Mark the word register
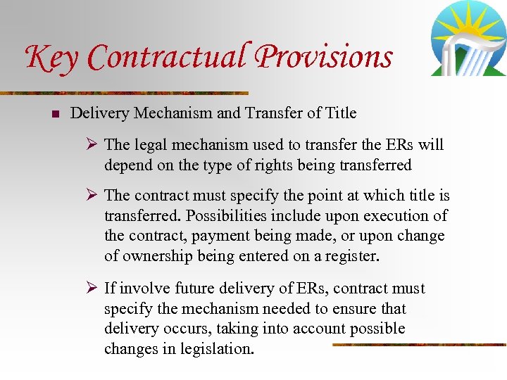click(353, 256)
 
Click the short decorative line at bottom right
click(418, 345)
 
